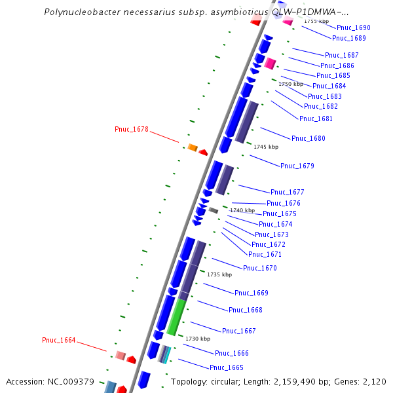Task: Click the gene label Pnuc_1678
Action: click(x=132, y=129)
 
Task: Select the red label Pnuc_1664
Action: click(x=59, y=340)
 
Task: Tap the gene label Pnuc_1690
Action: click(x=354, y=28)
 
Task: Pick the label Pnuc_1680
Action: click(x=309, y=138)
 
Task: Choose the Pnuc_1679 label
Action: click(x=297, y=166)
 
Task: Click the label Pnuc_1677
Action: click(x=288, y=192)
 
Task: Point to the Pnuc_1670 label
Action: click(x=260, y=268)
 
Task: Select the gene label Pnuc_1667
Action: click(x=239, y=331)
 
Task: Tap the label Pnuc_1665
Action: click(x=227, y=367)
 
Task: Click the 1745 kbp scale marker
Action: click(x=266, y=147)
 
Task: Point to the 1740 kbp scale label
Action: click(x=242, y=210)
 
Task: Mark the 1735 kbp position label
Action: click(x=219, y=274)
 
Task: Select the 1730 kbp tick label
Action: click(x=198, y=339)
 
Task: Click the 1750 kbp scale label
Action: click(x=291, y=84)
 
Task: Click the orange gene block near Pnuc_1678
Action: click(x=193, y=147)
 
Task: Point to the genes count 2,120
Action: click(x=374, y=381)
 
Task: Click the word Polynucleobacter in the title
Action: click(x=82, y=12)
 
